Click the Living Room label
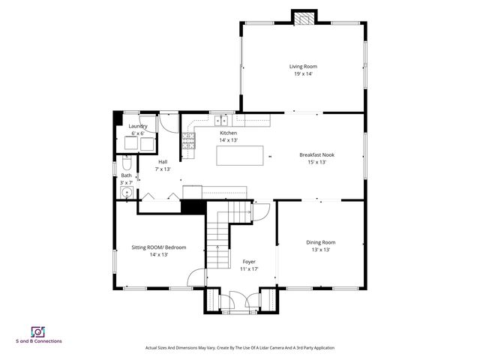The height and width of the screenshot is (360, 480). click(x=303, y=66)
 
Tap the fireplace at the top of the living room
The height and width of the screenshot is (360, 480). click(x=303, y=19)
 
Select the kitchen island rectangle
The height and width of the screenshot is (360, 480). click(x=241, y=155)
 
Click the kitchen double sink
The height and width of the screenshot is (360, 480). click(x=222, y=120)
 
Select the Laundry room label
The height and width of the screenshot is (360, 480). click(x=138, y=126)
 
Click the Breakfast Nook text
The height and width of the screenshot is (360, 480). click(x=316, y=154)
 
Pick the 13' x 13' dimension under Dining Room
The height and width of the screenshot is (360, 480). click(x=320, y=250)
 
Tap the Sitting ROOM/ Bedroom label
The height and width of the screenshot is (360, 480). click(x=159, y=247)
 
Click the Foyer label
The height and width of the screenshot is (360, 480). click(x=249, y=262)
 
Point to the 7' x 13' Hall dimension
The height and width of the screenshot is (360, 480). click(x=163, y=169)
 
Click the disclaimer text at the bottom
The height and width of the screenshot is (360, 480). click(x=239, y=348)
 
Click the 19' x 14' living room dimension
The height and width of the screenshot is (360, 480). click(x=303, y=73)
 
